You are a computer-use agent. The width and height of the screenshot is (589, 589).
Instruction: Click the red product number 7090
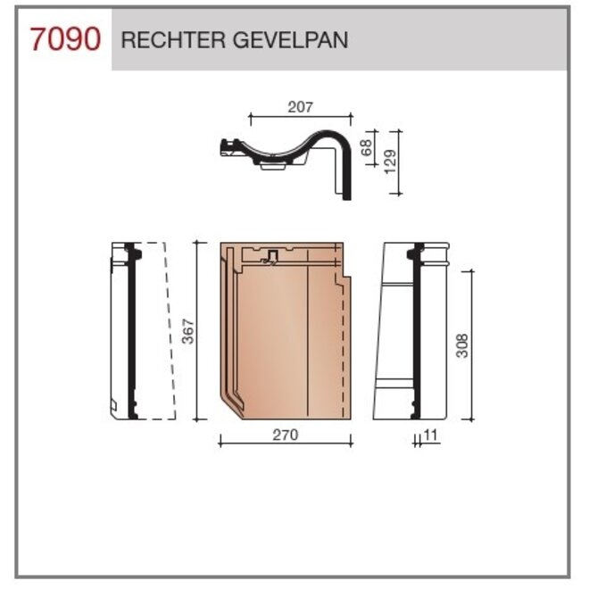coord(64,40)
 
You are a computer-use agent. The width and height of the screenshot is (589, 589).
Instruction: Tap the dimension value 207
coord(300,107)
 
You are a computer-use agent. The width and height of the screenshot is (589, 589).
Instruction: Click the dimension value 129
coord(389,161)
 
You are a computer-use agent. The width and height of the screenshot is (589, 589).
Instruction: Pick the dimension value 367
coord(187,330)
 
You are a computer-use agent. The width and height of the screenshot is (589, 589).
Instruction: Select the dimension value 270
coord(285,435)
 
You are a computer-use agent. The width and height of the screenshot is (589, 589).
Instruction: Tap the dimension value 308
coord(461,344)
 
